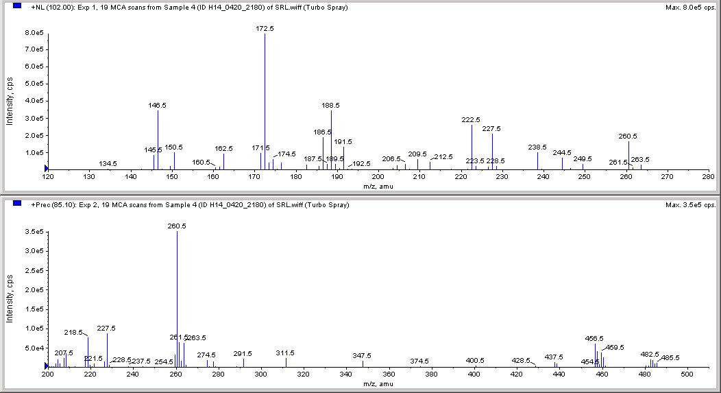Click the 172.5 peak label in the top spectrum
pyautogui.click(x=265, y=29)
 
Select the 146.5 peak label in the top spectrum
pyautogui.click(x=158, y=106)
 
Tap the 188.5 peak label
pyautogui.click(x=331, y=106)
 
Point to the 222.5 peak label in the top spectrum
pyautogui.click(x=472, y=120)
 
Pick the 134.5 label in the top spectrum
pyautogui.click(x=108, y=164)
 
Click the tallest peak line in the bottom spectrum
pyautogui.click(x=177, y=302)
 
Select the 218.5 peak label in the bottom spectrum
pyautogui.click(x=73, y=333)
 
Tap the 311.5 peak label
pyautogui.click(x=285, y=353)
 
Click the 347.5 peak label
pyautogui.click(x=362, y=356)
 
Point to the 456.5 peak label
pyautogui.click(x=594, y=339)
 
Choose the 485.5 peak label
pyautogui.click(x=670, y=357)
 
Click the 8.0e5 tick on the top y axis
pyautogui.click(x=33, y=33)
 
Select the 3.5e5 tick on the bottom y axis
pyautogui.click(x=33, y=233)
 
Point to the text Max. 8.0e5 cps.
pyautogui.click(x=690, y=8)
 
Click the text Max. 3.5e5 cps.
pyautogui.click(x=690, y=205)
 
